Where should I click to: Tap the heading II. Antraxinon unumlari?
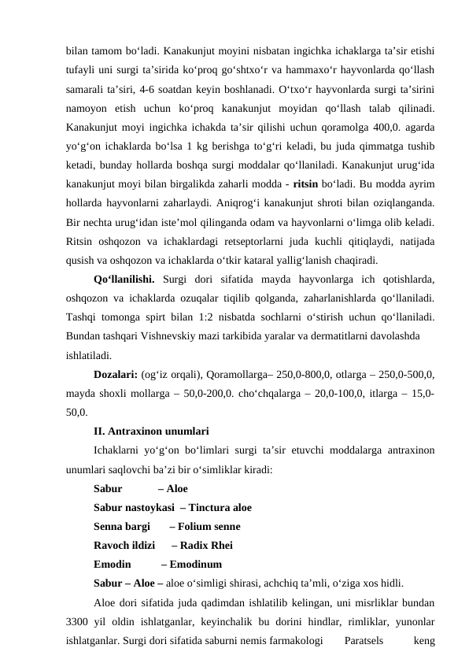pos(150,431)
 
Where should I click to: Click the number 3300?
pos(80,621)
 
